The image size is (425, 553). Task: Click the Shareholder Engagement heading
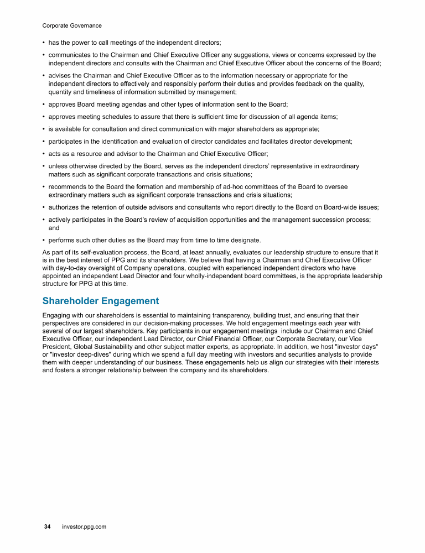(100, 301)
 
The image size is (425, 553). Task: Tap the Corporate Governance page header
(72, 25)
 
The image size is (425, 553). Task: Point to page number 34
(48, 527)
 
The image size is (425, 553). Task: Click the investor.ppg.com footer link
(84, 527)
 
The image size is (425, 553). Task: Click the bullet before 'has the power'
(44, 43)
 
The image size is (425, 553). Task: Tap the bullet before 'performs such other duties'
(44, 240)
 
